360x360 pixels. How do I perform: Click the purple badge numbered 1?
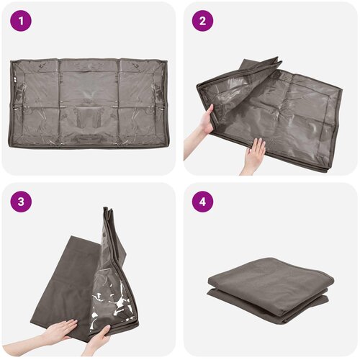coord(21,21)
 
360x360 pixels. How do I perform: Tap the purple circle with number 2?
coord(202,21)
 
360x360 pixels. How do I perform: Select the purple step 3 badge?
coord(21,202)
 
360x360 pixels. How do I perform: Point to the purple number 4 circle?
coord(202,202)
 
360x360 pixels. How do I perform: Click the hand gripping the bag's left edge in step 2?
coord(207,120)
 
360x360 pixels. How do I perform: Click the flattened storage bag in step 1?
coord(89,103)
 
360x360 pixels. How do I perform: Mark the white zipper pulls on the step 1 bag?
coord(14,79)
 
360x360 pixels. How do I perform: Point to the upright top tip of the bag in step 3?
coord(107,210)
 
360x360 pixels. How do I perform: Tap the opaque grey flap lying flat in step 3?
coord(65,283)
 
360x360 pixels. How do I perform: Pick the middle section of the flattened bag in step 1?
coord(89,103)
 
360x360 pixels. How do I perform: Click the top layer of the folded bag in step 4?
coord(271,276)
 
